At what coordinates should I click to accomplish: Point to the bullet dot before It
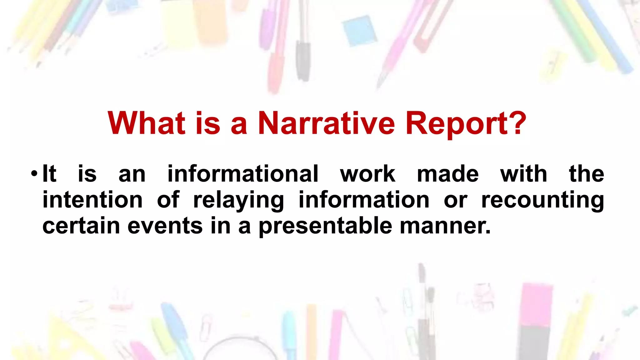pos(34,174)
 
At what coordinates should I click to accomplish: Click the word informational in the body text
pos(243,174)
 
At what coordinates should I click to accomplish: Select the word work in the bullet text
pos(367,174)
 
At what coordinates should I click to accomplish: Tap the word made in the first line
pos(447,174)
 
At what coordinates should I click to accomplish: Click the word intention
pos(92,200)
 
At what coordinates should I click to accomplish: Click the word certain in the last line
pos(81,226)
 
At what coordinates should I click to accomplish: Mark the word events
pos(165,226)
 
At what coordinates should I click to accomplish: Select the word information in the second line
pos(364,200)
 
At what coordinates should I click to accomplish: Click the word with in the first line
pos(523,174)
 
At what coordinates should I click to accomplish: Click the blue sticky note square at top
pos(359,30)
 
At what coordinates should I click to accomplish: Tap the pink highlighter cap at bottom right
pos(536,305)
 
